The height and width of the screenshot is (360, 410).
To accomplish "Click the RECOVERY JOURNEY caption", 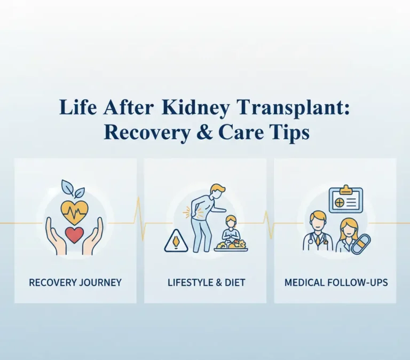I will pos(75,281).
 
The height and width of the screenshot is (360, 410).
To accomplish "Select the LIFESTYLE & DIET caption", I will pos(205,281).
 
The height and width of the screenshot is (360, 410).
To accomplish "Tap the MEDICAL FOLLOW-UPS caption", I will pos(335,281).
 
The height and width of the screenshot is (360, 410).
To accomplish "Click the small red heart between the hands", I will pos(74,234).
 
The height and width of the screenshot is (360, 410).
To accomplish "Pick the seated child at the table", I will pos(230,229).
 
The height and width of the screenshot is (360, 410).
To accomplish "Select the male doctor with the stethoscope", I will pos(318,232).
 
